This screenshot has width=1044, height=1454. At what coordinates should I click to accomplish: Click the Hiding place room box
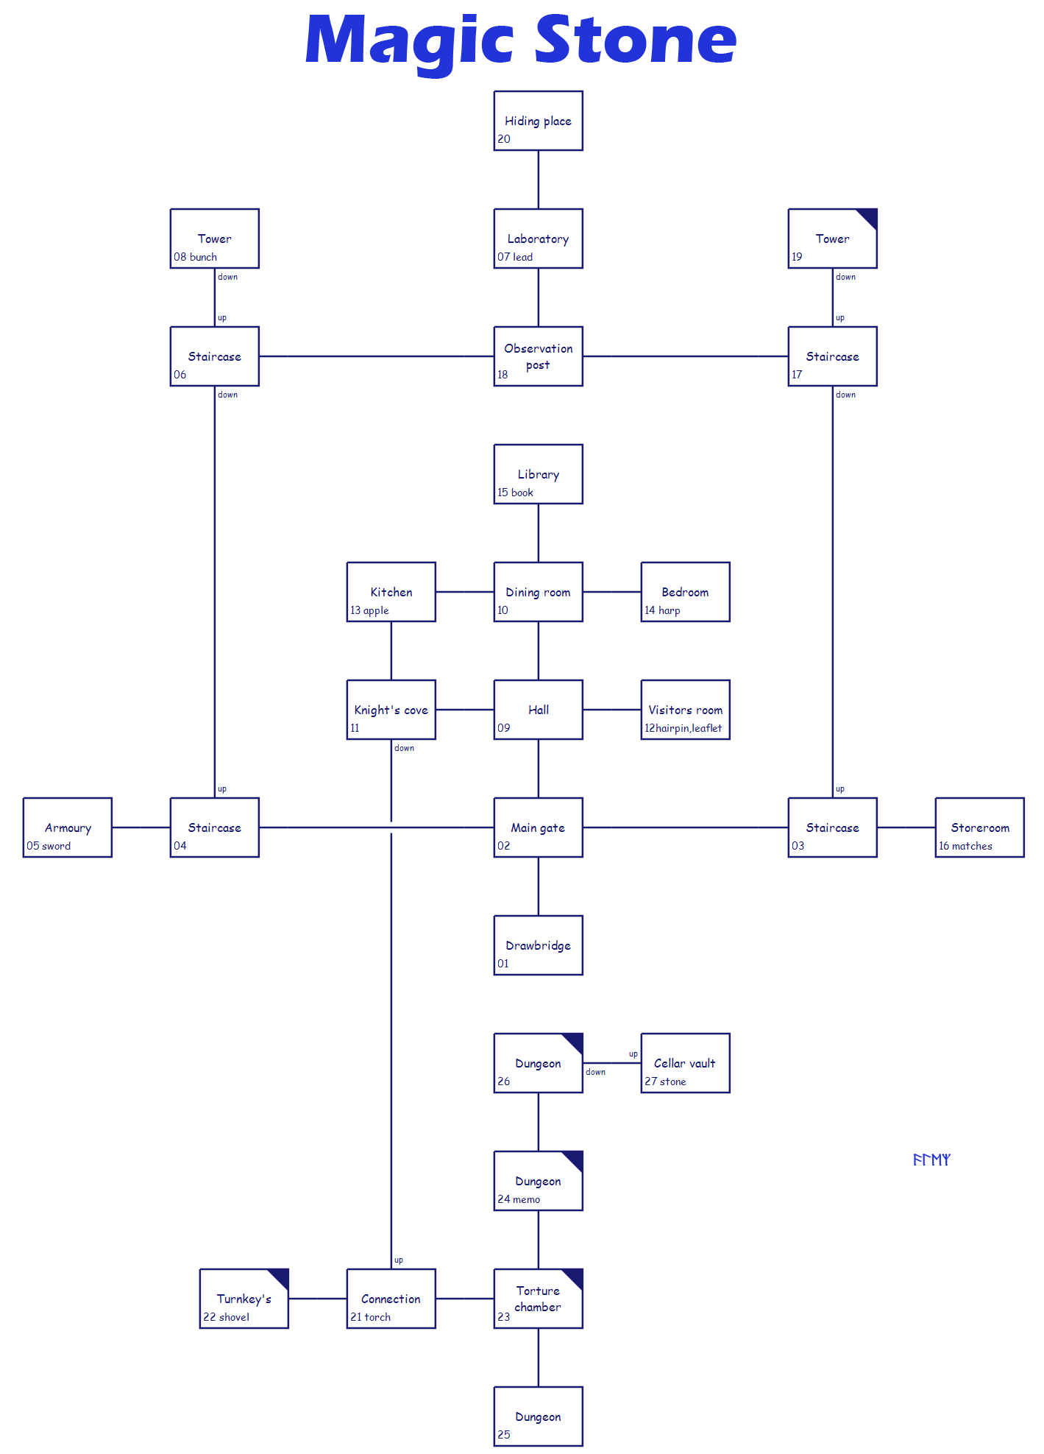point(538,121)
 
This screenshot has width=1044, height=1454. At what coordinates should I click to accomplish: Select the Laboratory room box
point(538,239)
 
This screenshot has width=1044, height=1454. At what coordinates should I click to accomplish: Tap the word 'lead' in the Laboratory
point(522,257)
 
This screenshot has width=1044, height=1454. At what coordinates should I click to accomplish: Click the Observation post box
point(538,356)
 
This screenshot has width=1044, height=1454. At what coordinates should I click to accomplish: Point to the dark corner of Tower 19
point(868,217)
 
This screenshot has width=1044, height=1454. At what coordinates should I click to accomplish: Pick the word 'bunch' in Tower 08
point(203,257)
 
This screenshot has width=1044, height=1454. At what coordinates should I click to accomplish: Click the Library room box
point(538,474)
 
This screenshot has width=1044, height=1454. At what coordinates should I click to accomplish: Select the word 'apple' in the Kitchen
point(376,610)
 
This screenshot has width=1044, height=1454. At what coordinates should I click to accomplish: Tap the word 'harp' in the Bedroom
point(669,610)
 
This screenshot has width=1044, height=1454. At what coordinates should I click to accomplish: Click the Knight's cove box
point(391,710)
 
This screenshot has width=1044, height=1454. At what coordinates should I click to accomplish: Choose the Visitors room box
point(685,710)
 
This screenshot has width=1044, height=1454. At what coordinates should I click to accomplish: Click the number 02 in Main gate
point(503,846)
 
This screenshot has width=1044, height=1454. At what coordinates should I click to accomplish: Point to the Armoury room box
point(68,827)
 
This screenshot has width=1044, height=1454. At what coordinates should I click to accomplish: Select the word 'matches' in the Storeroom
point(972,846)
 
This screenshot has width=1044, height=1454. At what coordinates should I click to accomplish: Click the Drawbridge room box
point(538,945)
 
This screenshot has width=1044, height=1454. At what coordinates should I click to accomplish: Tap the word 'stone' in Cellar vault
point(672,1081)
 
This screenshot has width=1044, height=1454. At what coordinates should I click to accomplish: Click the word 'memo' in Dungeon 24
point(526,1199)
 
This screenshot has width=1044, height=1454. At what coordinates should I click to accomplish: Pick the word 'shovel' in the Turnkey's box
point(234,1317)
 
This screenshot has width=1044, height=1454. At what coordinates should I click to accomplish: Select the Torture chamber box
point(538,1299)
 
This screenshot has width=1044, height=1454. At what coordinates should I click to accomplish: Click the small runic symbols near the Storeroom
point(931,1160)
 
